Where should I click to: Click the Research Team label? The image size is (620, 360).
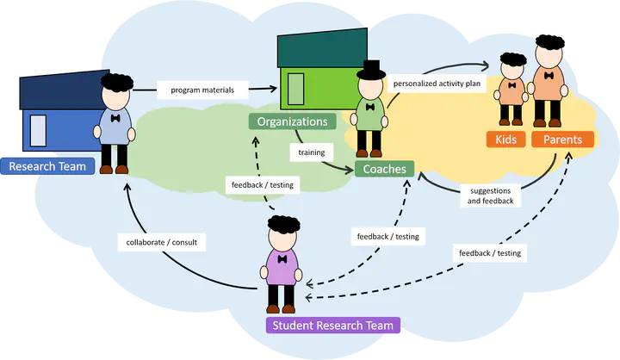pyautogui.click(x=47, y=166)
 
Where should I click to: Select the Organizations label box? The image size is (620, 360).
pyautogui.click(x=292, y=121)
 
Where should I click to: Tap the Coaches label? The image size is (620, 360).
pyautogui.click(x=384, y=169)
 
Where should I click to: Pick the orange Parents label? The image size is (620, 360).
pyautogui.click(x=562, y=140)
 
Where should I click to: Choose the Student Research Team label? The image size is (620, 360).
pyautogui.click(x=332, y=326)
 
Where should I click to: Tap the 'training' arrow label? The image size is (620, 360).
pyautogui.click(x=311, y=152)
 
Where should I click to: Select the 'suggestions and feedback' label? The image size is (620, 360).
pyautogui.click(x=490, y=196)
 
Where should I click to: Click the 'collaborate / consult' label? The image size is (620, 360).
pyautogui.click(x=161, y=242)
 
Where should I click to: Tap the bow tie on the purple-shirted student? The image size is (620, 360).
pyautogui.click(x=282, y=257)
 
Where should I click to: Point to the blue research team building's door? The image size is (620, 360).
pyautogui.click(x=38, y=129)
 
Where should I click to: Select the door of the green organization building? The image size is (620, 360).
pyautogui.click(x=295, y=88)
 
